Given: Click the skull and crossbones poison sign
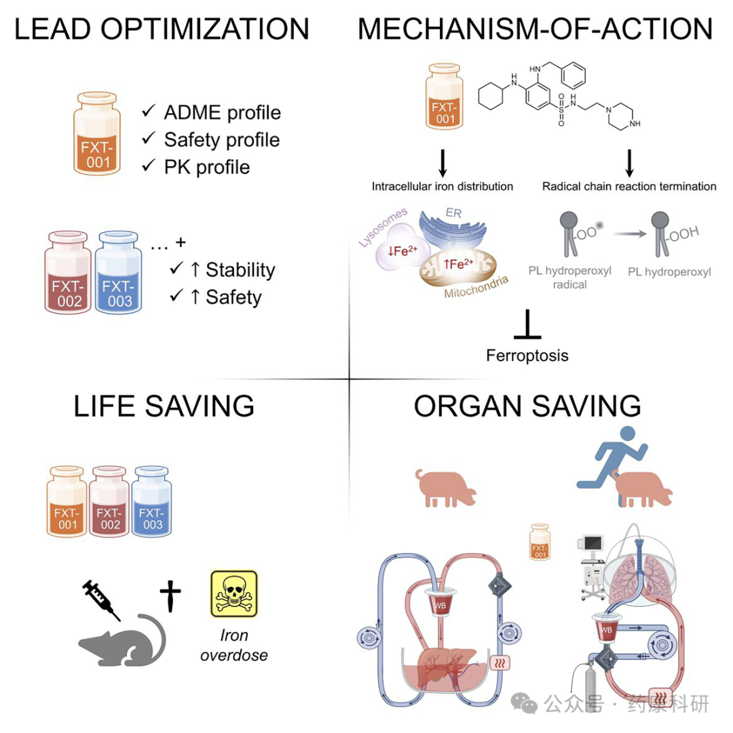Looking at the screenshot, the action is click(x=234, y=594).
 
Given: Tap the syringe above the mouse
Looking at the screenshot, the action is click(x=101, y=600).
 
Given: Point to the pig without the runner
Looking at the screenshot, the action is click(x=445, y=488).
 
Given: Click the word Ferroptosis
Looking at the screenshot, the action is click(x=527, y=355).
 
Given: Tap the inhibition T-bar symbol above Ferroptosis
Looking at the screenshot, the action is click(x=527, y=324).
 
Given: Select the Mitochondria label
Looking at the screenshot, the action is click(x=476, y=287).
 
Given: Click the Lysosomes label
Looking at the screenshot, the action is click(x=382, y=227).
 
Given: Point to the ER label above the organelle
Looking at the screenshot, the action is click(x=453, y=213).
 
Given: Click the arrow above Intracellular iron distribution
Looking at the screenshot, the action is click(x=443, y=163).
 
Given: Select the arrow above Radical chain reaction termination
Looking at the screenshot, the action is click(x=629, y=163).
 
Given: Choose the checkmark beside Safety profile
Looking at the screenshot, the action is click(x=149, y=138).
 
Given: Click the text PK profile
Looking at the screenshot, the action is click(x=207, y=168).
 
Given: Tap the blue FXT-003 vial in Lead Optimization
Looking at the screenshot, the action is click(x=118, y=271).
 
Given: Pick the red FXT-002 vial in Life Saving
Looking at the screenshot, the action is click(x=109, y=501).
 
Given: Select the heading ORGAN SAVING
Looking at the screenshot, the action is click(x=527, y=406).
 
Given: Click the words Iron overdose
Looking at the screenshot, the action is click(x=234, y=645).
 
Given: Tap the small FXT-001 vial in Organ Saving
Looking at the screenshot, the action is click(x=540, y=542).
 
